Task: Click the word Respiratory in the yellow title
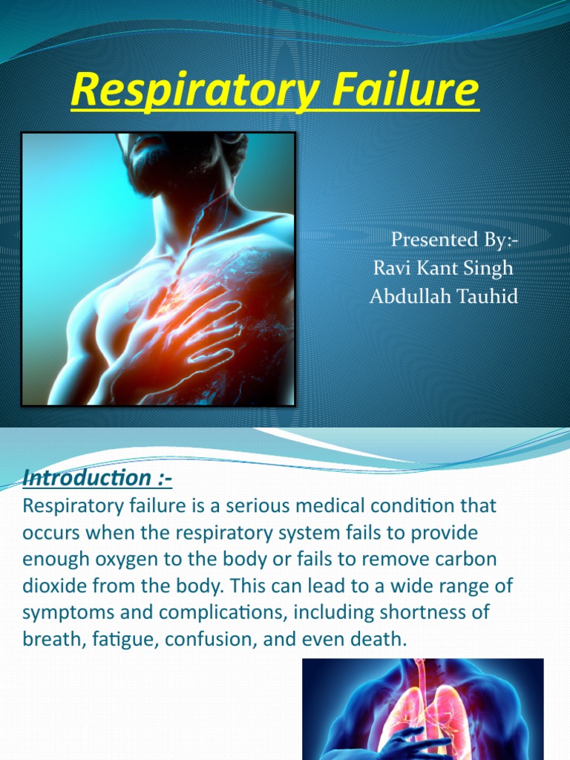pyautogui.click(x=180, y=91)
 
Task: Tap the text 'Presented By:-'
pyautogui.click(x=452, y=240)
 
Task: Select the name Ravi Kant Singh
pyautogui.click(x=443, y=268)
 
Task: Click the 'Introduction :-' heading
pyautogui.click(x=97, y=479)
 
